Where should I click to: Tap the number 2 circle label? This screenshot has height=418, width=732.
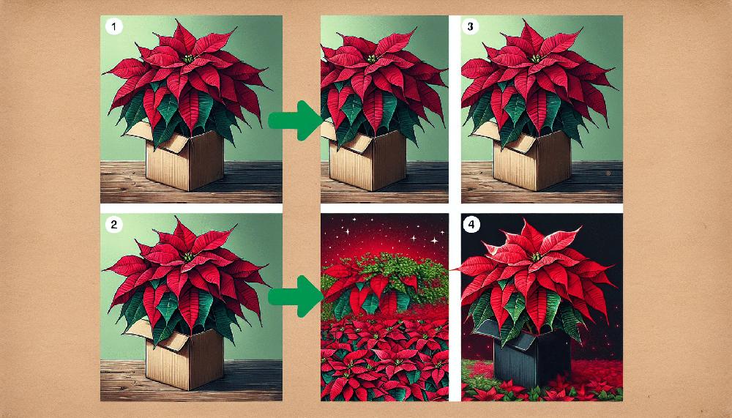112,225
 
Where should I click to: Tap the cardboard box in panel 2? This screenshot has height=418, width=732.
186,359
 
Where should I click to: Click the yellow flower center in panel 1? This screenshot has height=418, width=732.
190,59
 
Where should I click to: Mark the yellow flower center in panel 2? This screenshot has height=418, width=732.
190,257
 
